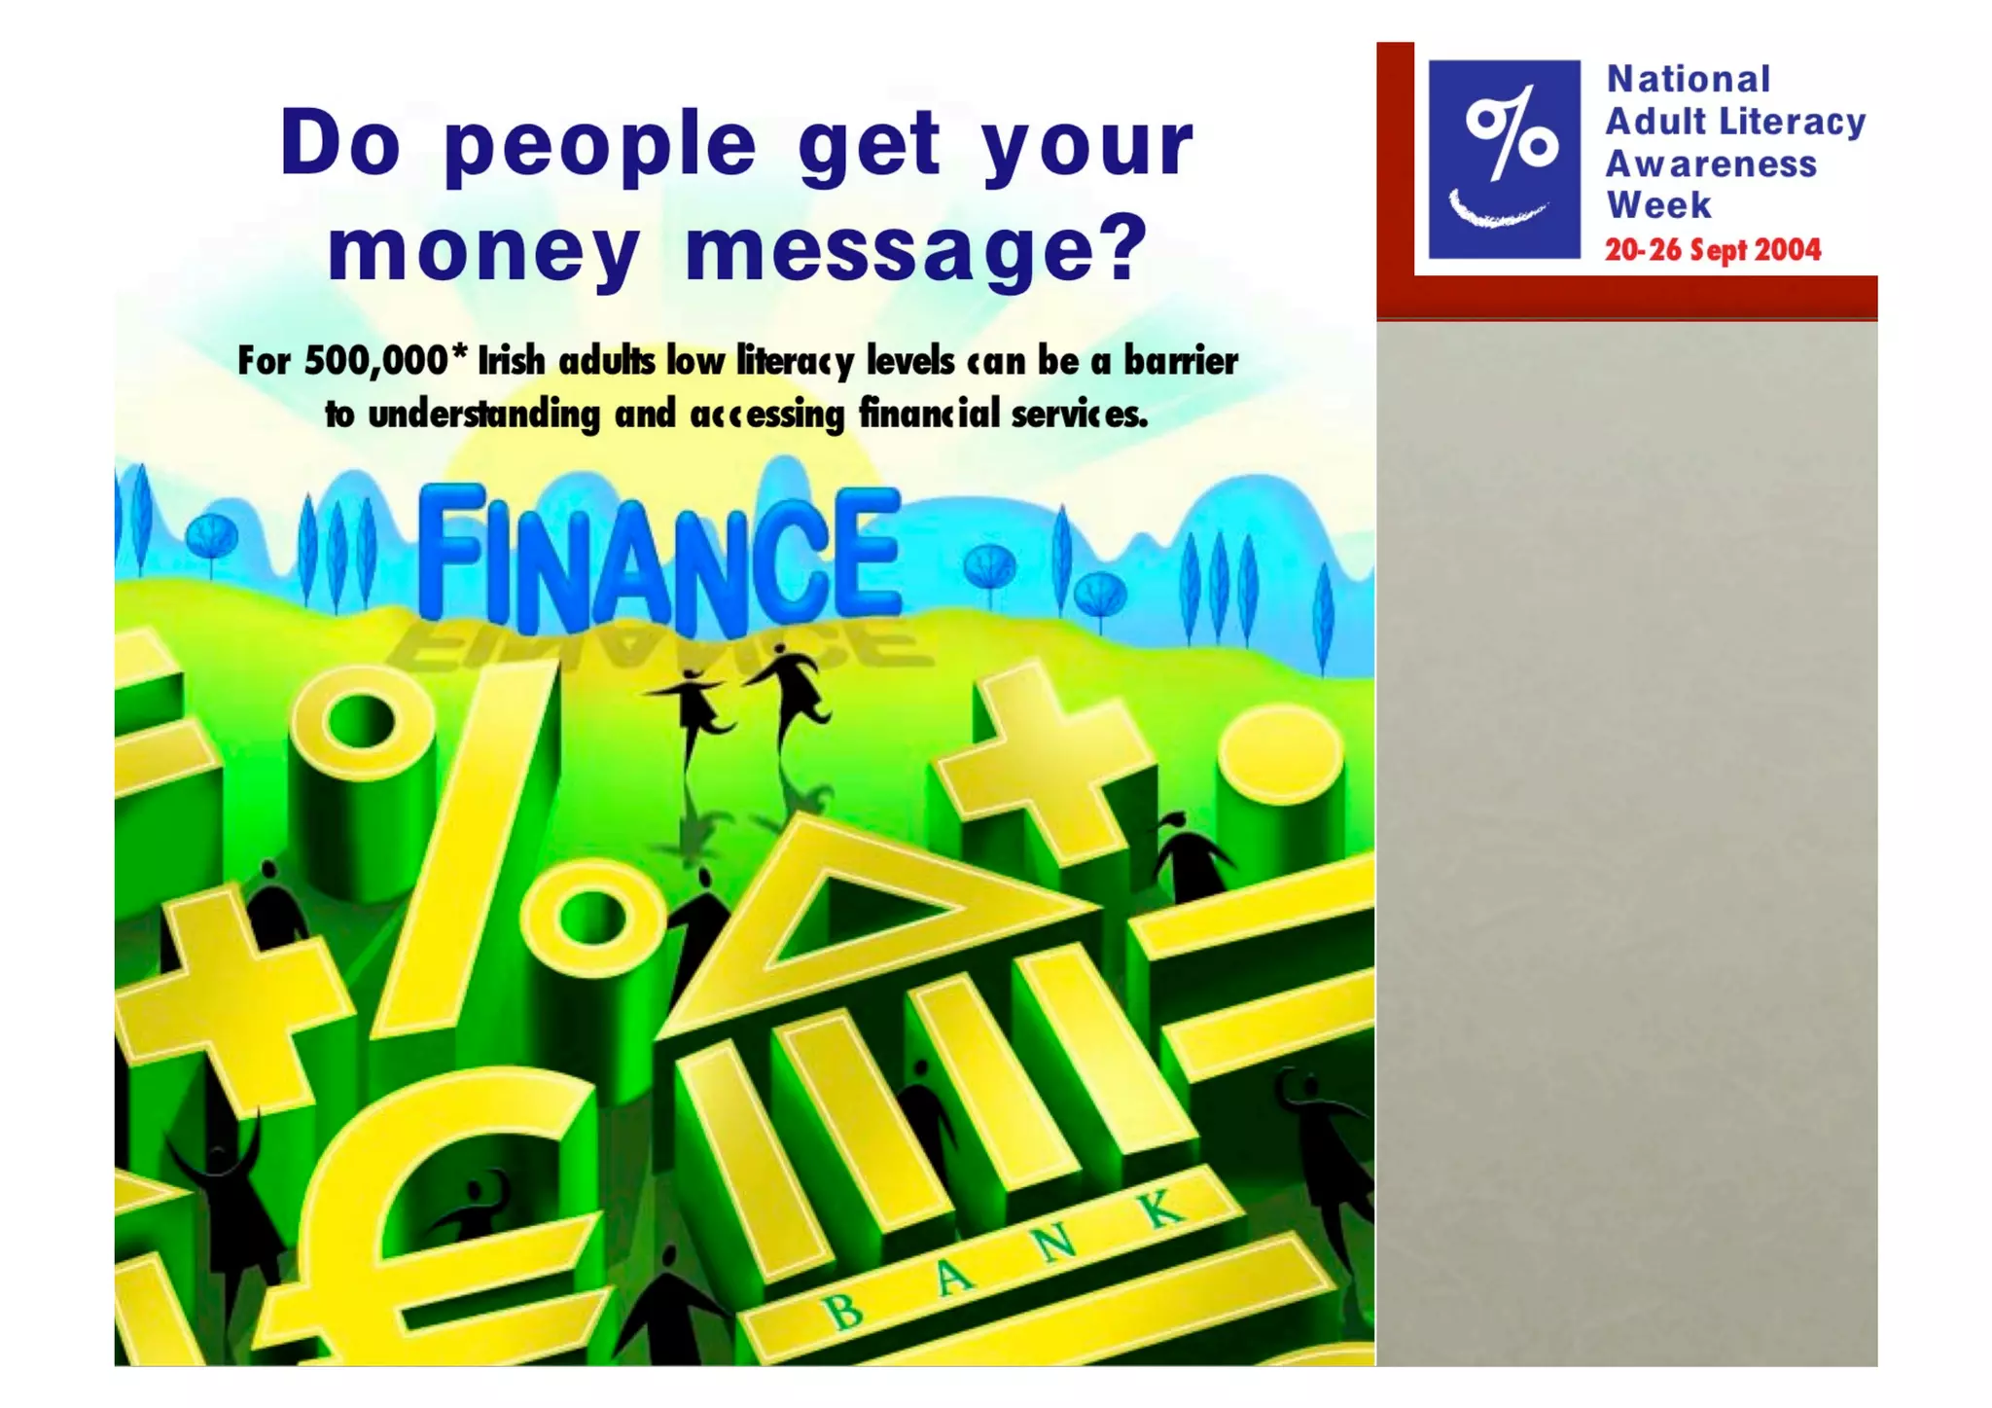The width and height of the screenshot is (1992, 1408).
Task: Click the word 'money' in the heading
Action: click(x=483, y=250)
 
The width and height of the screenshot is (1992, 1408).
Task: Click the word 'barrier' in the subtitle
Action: click(x=1181, y=361)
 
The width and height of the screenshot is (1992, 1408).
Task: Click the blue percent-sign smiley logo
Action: click(x=1503, y=160)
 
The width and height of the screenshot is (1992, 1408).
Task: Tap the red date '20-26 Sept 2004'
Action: click(x=1712, y=250)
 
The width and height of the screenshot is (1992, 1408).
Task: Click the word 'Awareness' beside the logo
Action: click(x=1710, y=164)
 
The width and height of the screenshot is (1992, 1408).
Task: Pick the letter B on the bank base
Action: click(x=843, y=1313)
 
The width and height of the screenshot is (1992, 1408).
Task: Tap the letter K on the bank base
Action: click(x=1159, y=1210)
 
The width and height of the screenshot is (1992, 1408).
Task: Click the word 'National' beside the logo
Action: click(x=1688, y=80)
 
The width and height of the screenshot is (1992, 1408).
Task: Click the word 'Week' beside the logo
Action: click(x=1658, y=206)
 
